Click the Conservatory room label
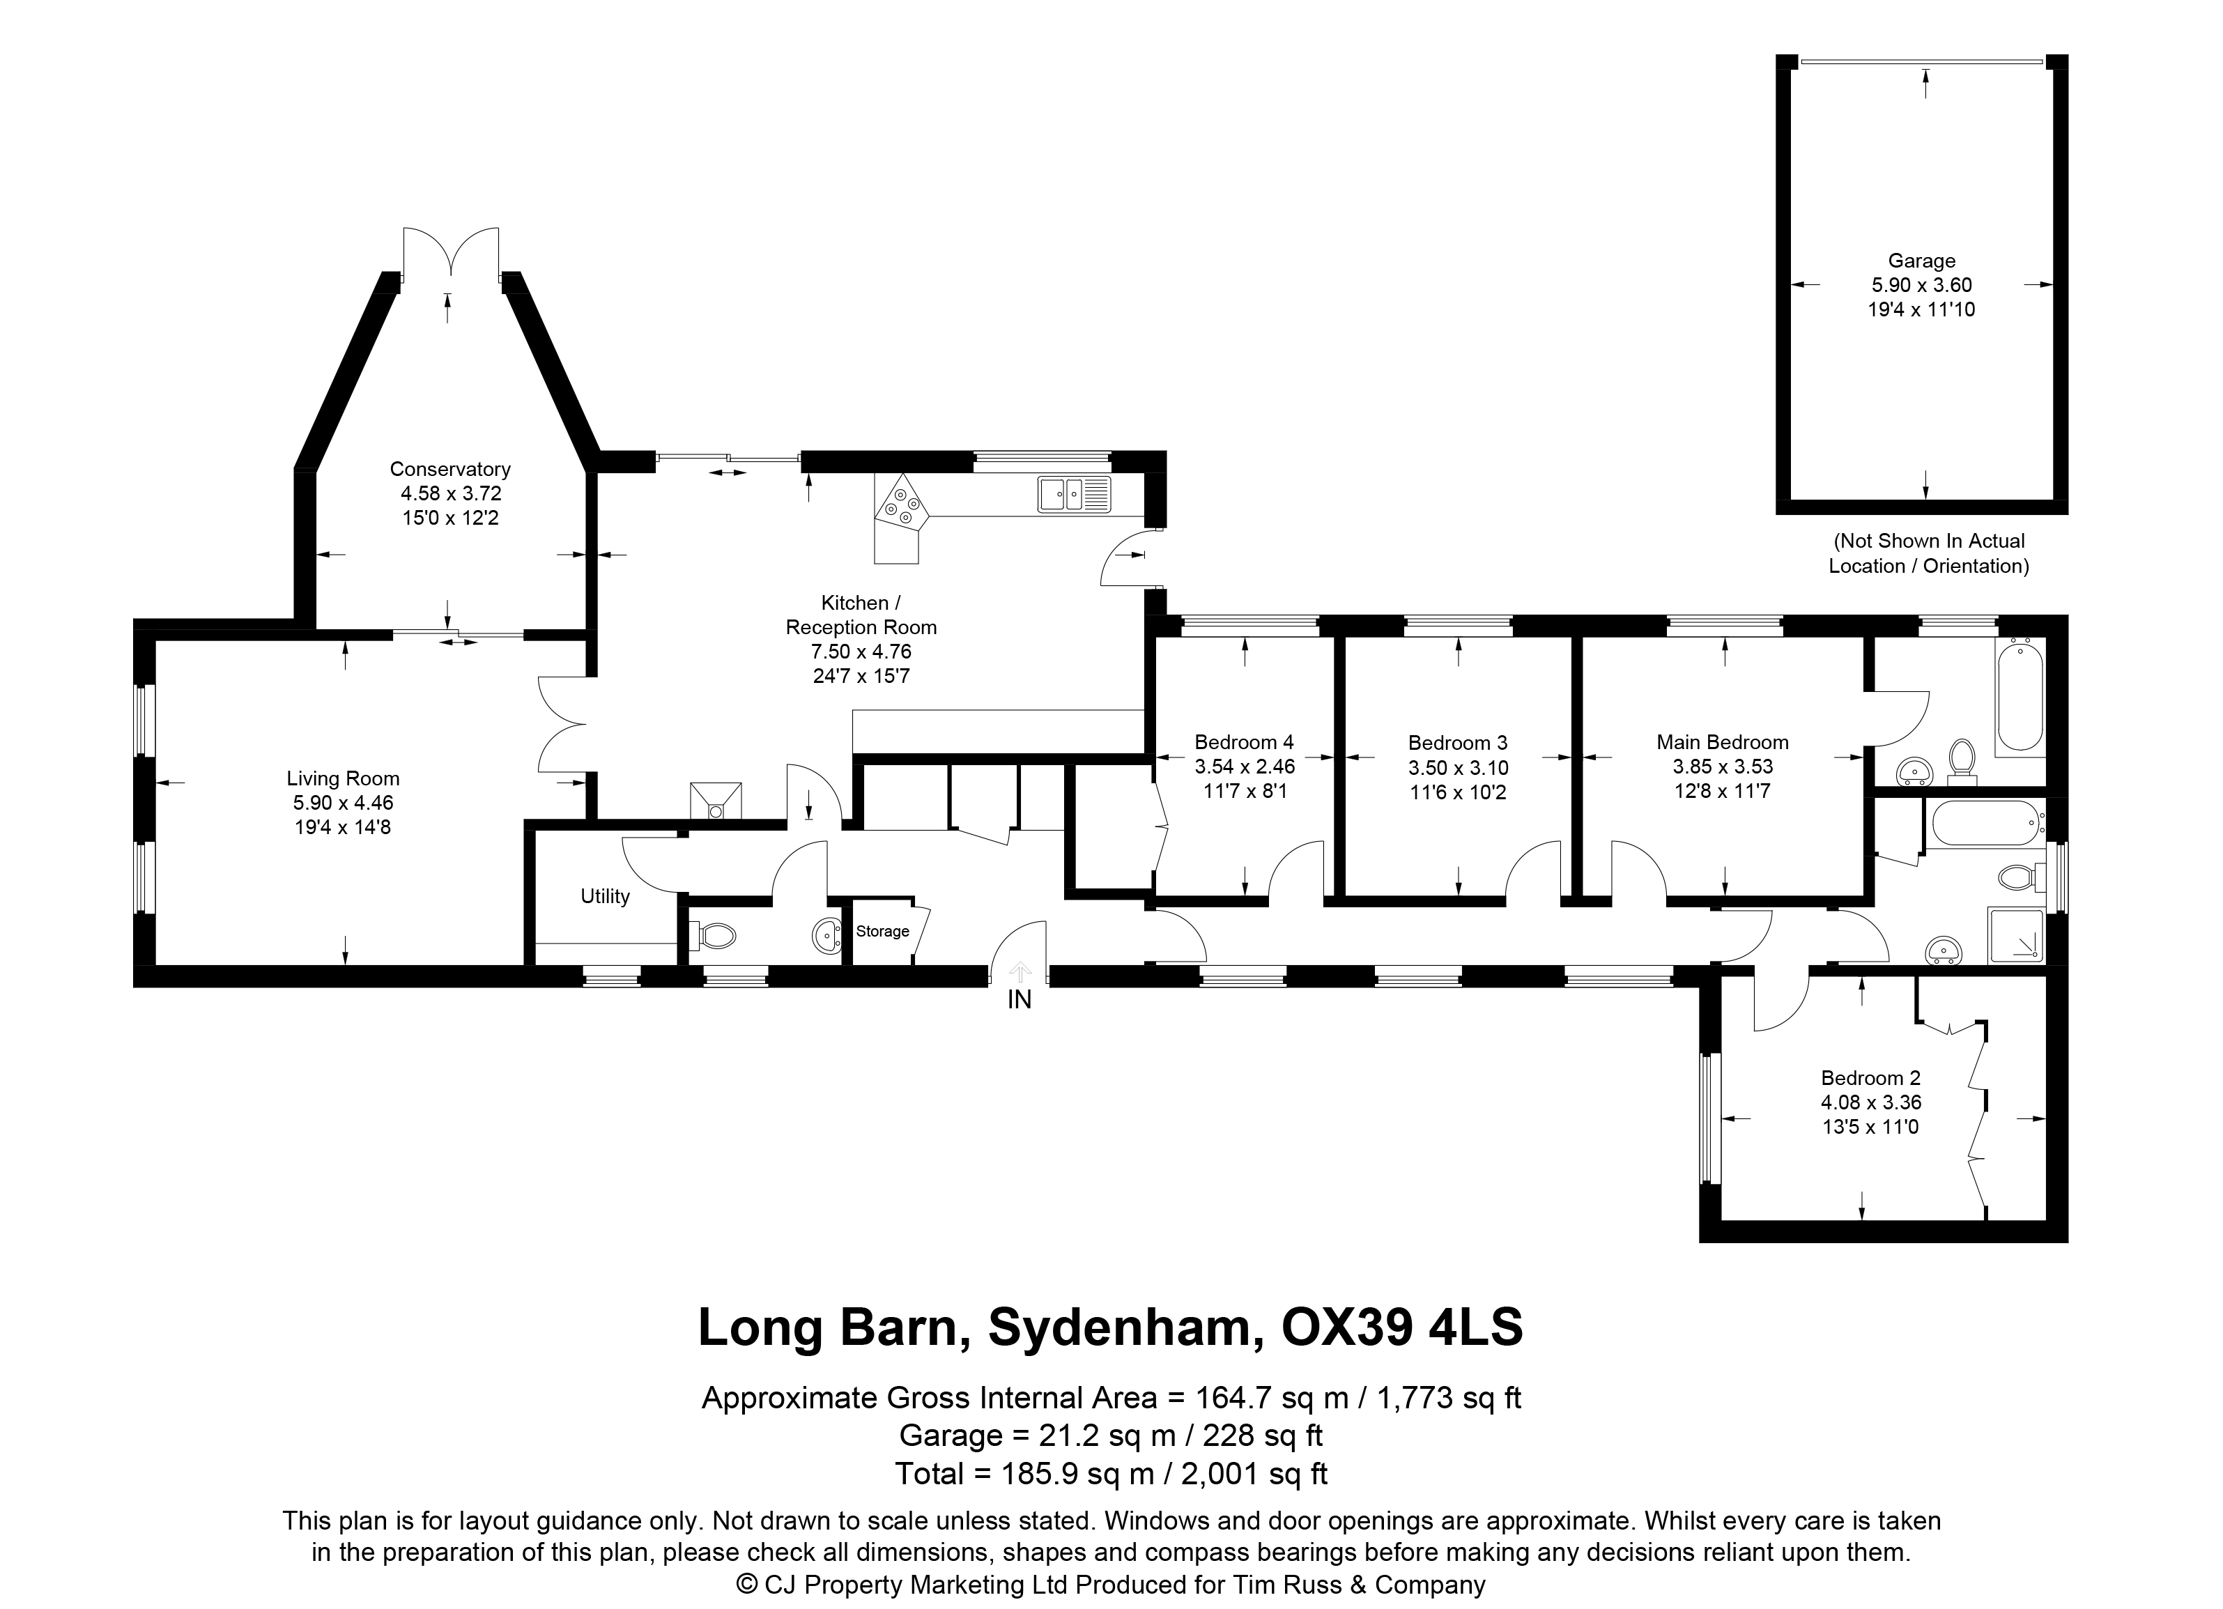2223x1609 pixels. click(x=450, y=470)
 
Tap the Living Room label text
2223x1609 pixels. click(x=343, y=779)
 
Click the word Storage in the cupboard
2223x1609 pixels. click(x=882, y=931)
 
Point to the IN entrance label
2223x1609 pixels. click(x=1020, y=999)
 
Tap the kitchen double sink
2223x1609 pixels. click(x=1075, y=494)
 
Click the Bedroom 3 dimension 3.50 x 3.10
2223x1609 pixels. click(x=1459, y=768)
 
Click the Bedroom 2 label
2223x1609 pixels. click(x=1871, y=1078)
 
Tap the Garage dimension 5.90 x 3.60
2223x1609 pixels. click(x=1922, y=285)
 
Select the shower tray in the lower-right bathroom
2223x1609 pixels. click(x=2016, y=935)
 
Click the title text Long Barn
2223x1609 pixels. click(x=826, y=1327)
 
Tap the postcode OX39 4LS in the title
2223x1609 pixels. click(x=1403, y=1327)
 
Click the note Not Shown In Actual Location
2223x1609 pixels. click(x=1929, y=553)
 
